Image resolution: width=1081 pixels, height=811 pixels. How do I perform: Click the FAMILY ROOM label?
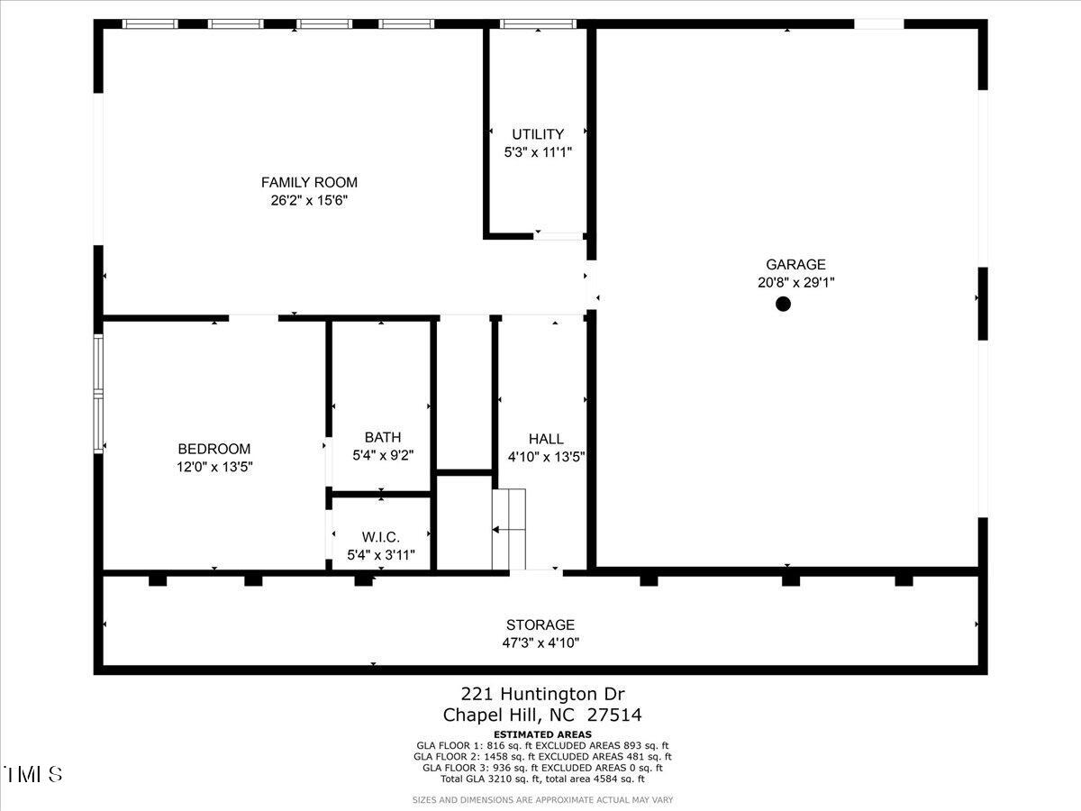click(309, 183)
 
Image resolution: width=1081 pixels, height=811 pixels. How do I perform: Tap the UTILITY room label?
click(538, 135)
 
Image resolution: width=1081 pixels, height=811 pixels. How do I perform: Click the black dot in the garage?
click(783, 305)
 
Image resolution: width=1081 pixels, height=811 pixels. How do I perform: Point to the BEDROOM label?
click(214, 450)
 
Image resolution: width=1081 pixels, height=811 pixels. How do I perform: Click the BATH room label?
click(383, 438)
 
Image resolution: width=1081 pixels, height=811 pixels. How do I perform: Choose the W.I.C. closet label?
click(381, 537)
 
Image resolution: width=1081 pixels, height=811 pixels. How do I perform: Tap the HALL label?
click(546, 439)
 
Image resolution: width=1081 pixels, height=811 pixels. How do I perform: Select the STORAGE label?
click(540, 625)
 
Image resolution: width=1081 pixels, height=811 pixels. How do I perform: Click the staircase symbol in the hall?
click(509, 529)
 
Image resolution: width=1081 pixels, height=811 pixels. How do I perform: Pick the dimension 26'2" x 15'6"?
click(309, 201)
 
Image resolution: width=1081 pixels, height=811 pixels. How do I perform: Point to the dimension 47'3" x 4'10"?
click(540, 643)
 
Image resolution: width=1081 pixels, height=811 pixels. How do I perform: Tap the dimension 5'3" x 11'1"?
click(538, 152)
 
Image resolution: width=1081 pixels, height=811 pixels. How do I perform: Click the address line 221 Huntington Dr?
click(542, 694)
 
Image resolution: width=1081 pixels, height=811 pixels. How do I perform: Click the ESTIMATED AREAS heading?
click(542, 734)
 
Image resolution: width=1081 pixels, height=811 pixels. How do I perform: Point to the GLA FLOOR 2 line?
click(543, 757)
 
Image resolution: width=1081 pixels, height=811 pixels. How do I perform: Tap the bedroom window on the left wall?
click(99, 393)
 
